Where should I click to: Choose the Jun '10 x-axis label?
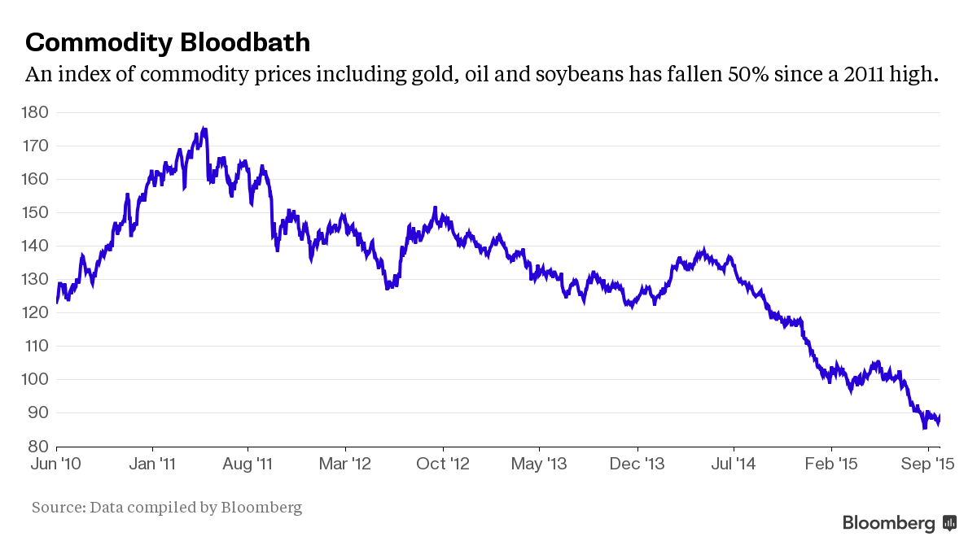[x=57, y=464]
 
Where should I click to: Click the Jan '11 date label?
[x=152, y=464]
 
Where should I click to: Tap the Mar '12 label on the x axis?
[x=345, y=464]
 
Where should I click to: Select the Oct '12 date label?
[x=443, y=464]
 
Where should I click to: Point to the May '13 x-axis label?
[x=539, y=464]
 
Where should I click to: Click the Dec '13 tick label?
[x=637, y=464]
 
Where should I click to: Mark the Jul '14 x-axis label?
[x=733, y=464]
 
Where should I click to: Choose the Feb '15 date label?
[x=830, y=464]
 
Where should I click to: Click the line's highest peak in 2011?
[x=204, y=129]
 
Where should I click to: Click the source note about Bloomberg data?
[x=167, y=508]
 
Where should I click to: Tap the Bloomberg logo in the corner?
[x=899, y=523]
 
